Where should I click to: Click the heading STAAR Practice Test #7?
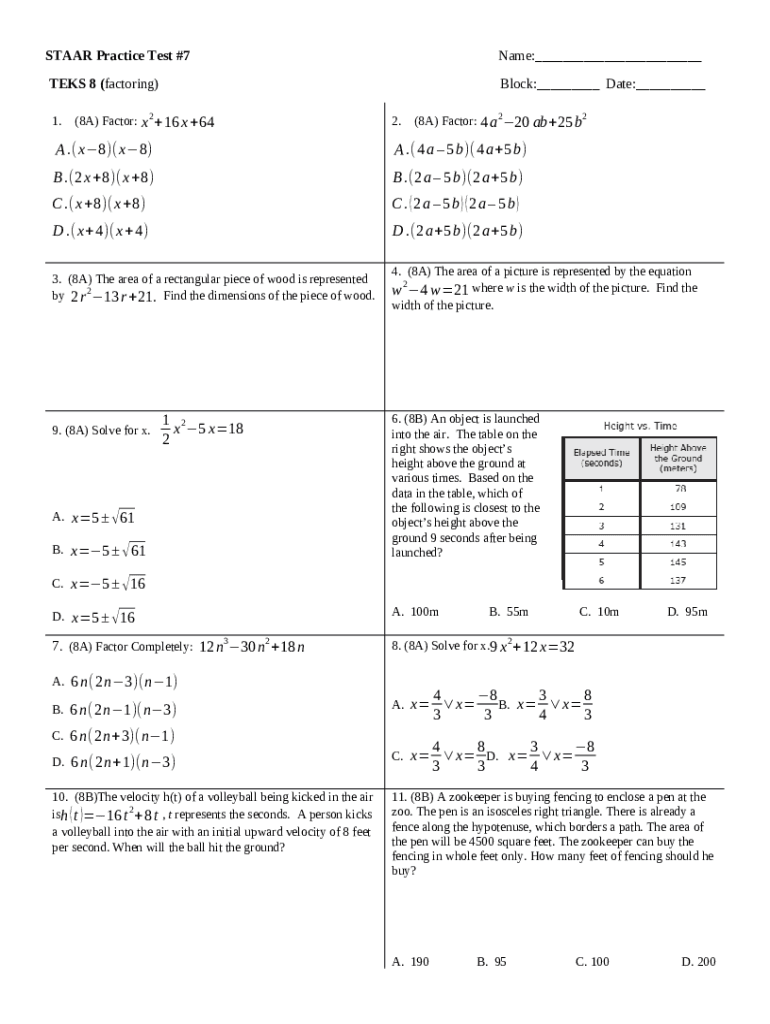click(118, 56)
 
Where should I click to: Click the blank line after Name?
click(617, 58)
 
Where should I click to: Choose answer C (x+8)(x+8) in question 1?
click(100, 204)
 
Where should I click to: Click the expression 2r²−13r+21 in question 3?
click(111, 297)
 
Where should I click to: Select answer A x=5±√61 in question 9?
click(94, 518)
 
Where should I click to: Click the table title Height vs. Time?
click(640, 425)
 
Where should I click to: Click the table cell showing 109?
click(679, 507)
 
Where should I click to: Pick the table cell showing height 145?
click(679, 561)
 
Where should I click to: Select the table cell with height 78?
click(679, 489)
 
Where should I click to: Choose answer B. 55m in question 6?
click(508, 611)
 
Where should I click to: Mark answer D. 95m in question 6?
click(687, 611)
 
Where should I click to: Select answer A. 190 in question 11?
click(411, 962)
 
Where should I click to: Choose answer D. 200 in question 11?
click(698, 962)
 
